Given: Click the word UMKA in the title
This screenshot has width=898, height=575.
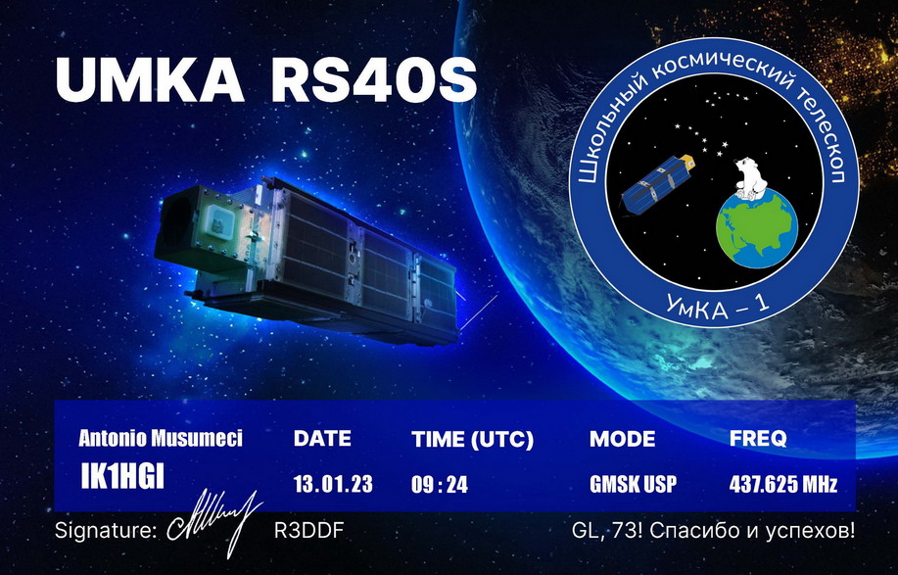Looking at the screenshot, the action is tap(150, 80).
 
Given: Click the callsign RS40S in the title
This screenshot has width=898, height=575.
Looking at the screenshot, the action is tap(374, 80).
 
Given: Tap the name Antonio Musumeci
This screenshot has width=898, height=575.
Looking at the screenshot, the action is tap(161, 438).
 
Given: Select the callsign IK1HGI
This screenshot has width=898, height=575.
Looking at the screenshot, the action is tap(122, 476).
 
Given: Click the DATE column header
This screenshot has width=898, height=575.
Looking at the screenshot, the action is tap(322, 439).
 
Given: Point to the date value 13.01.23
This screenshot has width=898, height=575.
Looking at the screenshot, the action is tap(333, 485).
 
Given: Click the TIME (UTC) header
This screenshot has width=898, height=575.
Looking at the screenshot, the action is tap(472, 439).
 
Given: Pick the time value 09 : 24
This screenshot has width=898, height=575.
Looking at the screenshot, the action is tap(440, 485).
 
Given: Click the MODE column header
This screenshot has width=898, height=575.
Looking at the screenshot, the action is tap(623, 439).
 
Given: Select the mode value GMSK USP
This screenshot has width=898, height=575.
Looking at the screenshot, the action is tap(633, 485).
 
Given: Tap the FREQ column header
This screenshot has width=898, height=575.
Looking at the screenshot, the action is tap(758, 439).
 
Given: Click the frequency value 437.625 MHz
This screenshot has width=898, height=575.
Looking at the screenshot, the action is tap(782, 485).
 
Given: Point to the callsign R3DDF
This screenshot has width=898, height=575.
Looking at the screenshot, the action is tap(308, 531).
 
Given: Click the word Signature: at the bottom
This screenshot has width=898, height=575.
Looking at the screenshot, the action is tap(106, 531).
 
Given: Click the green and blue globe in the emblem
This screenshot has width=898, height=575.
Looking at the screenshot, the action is tap(756, 228).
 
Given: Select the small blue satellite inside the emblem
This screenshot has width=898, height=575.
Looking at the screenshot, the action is tap(659, 183).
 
